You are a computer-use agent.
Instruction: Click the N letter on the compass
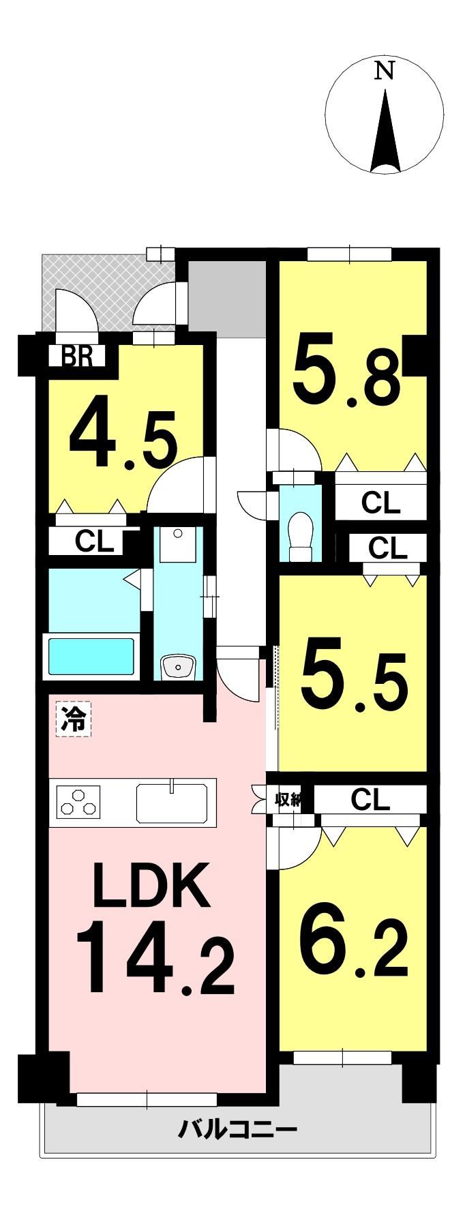coord(385,70)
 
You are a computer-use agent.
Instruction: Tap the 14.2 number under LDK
coord(155,957)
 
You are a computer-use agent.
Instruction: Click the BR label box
coord(78,357)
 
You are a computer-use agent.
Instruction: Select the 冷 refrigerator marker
coord(74,720)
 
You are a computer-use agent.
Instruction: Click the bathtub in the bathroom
coord(91,656)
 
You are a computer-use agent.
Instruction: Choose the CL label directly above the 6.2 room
coord(370,799)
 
